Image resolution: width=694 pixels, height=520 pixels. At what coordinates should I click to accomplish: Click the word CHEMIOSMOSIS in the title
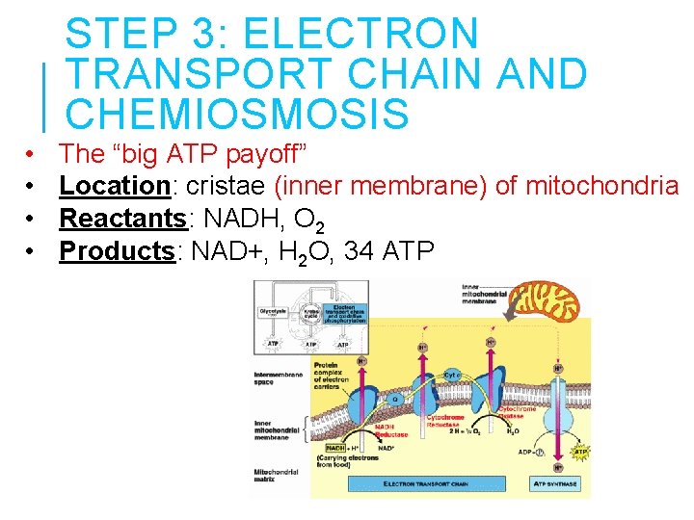point(237,115)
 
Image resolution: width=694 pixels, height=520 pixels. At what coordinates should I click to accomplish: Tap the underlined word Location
point(115,185)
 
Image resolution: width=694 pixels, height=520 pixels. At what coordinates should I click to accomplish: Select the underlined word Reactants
point(122,218)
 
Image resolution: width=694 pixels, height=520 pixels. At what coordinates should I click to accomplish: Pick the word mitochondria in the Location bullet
point(602,185)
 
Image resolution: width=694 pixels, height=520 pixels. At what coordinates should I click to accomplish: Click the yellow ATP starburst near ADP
point(581,451)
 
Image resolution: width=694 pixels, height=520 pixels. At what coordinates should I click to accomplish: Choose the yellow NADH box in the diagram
point(336,448)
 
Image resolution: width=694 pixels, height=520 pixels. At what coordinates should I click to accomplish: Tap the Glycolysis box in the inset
point(272,312)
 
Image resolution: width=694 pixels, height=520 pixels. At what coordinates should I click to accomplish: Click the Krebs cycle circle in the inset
point(312,313)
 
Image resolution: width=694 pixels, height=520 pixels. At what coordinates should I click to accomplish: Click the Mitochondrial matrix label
point(274,477)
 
